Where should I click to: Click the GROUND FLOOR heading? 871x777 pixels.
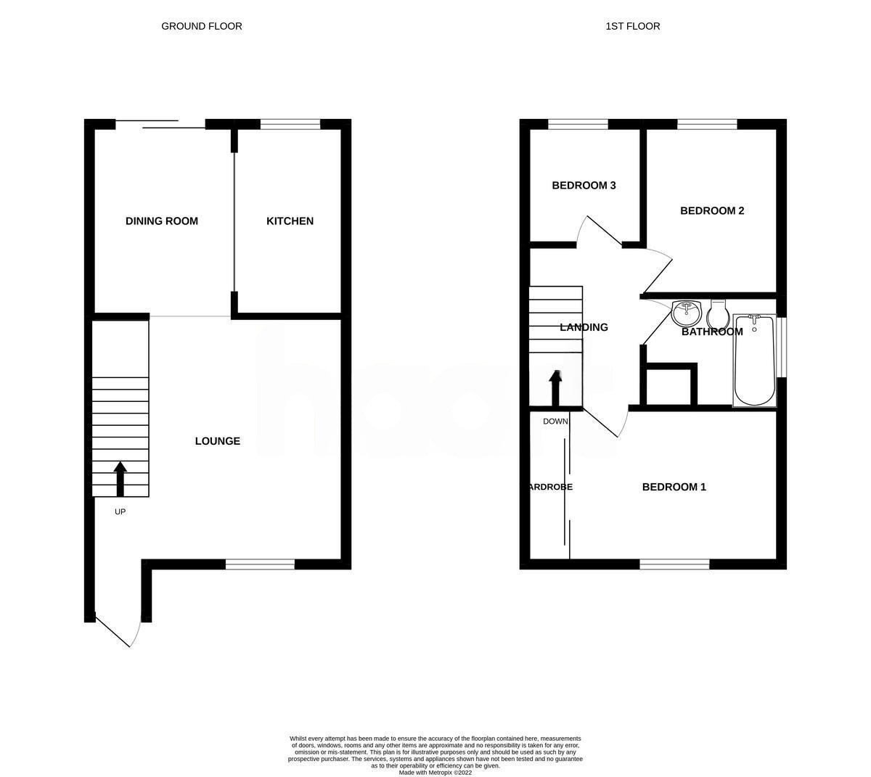coord(201,26)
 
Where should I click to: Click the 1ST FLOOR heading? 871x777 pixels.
coord(632,26)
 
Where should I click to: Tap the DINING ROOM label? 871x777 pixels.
coord(162,221)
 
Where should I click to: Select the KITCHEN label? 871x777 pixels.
coord(290,221)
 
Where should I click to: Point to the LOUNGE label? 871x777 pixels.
coord(217,441)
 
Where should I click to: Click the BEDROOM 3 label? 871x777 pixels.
coord(584,186)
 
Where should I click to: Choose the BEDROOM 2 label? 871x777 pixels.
coord(712,211)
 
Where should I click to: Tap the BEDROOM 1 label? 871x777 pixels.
coord(674,487)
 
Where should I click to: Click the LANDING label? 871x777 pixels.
coord(584,327)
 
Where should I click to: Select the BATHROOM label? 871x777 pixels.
coord(712,332)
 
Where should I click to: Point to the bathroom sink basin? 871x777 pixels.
coord(685,313)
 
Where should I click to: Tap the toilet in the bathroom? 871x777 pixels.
coord(717,314)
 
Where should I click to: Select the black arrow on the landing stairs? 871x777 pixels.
coord(555,387)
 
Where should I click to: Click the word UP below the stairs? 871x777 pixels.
coord(120,511)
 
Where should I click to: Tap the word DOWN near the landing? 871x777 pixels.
coord(555,422)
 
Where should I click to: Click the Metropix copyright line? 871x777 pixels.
coord(435,773)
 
